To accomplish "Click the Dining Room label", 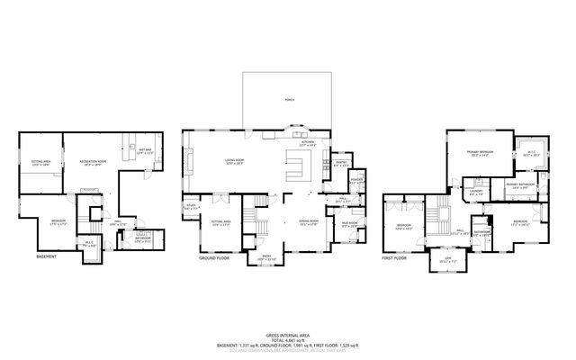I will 310,222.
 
